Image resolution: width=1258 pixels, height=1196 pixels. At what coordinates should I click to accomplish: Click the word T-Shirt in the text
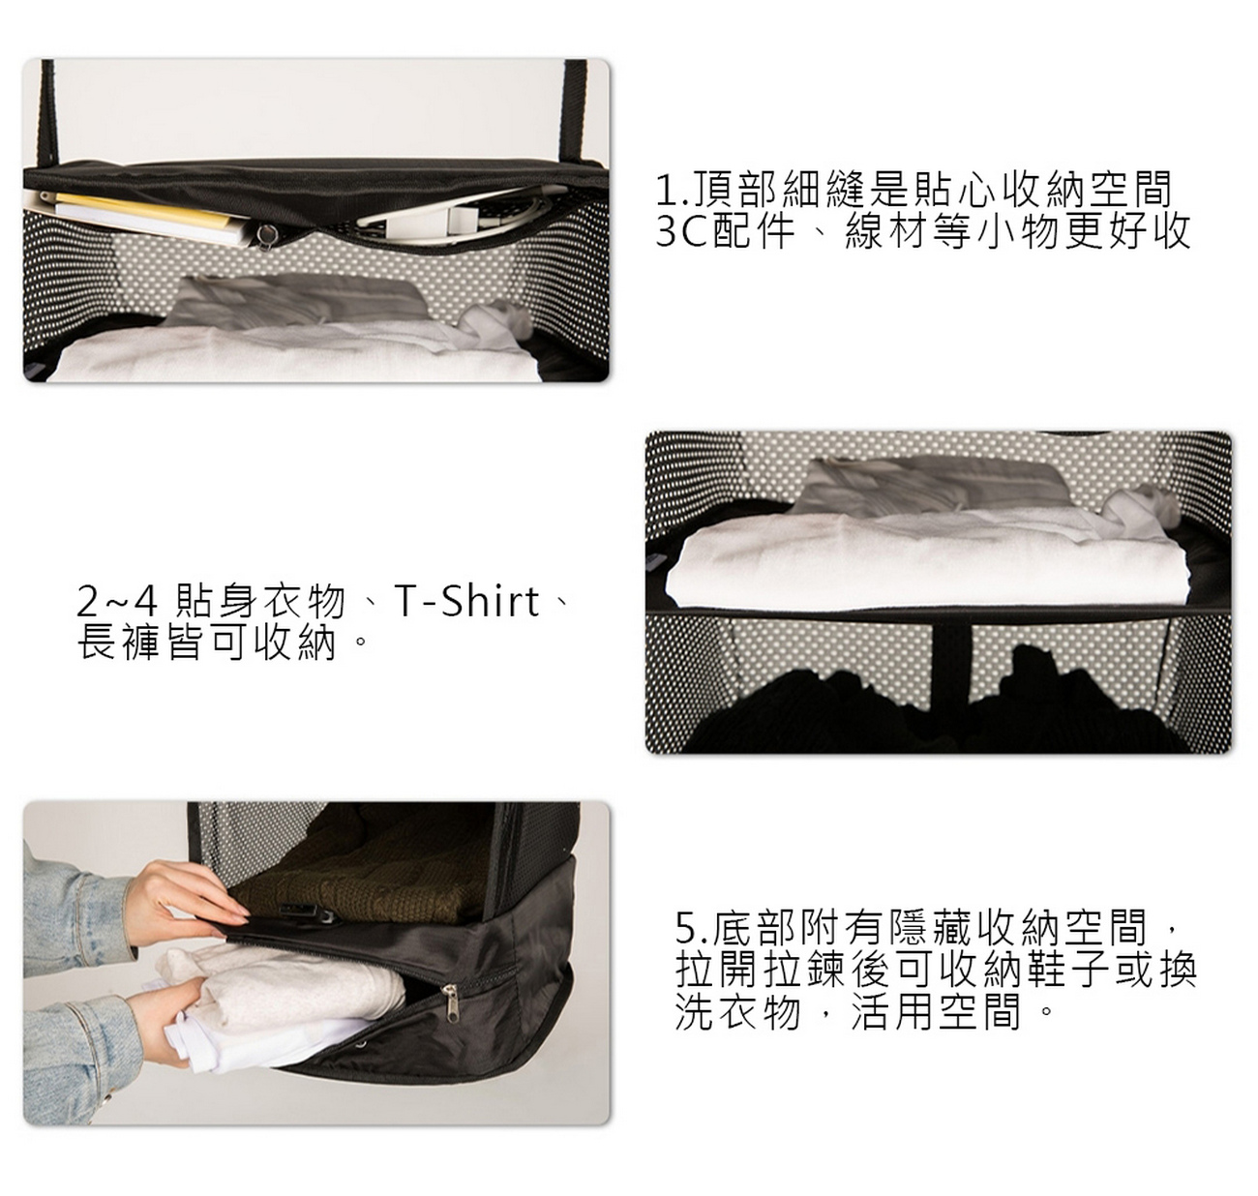467,602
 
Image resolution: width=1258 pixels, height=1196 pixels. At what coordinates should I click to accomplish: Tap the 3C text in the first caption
682,231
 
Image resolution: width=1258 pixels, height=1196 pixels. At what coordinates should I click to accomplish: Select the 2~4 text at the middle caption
116,602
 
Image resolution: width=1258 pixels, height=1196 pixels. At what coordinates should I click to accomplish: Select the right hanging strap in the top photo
575,112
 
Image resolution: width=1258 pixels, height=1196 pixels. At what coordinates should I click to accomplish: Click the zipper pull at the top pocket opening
264,234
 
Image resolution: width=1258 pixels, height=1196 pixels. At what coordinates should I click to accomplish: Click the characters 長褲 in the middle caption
117,642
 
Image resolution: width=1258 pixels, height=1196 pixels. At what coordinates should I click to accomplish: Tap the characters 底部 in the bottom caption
751,929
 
